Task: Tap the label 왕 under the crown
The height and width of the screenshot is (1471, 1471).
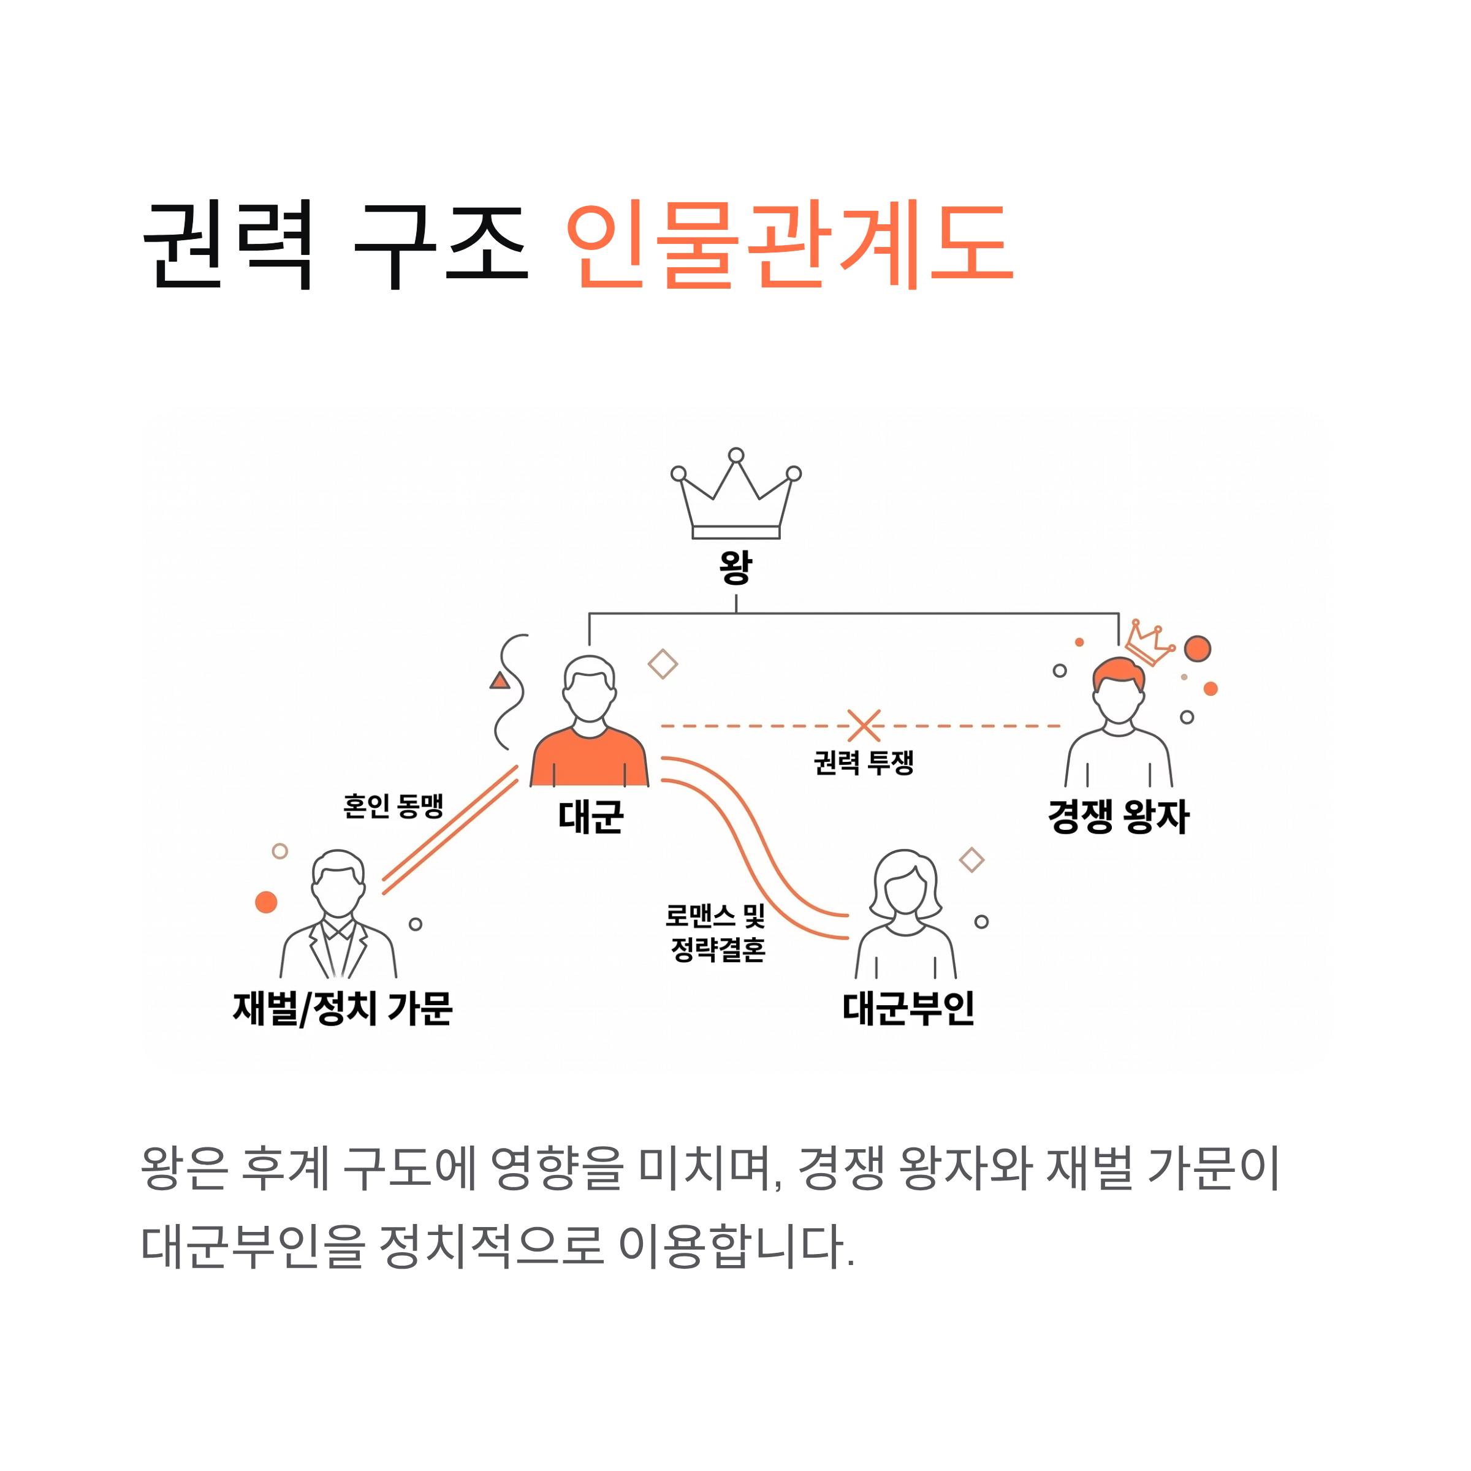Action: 735,567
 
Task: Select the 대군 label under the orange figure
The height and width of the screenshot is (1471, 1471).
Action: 590,817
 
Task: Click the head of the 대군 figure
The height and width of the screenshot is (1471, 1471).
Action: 589,688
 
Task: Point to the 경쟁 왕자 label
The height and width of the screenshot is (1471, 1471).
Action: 1118,817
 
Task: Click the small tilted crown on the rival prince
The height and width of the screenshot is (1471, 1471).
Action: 1150,644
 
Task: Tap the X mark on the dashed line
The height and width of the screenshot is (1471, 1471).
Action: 864,726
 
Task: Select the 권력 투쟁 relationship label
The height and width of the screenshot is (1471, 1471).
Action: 864,762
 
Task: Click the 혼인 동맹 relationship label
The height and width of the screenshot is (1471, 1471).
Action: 393,805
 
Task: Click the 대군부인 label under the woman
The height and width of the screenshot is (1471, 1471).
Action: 908,1008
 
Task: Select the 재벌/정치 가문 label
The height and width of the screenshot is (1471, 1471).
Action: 343,1008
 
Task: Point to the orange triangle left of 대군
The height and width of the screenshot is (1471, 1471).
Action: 500,681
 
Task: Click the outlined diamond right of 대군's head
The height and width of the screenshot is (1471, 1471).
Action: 663,664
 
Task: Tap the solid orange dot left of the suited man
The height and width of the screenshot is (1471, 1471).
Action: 266,902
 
